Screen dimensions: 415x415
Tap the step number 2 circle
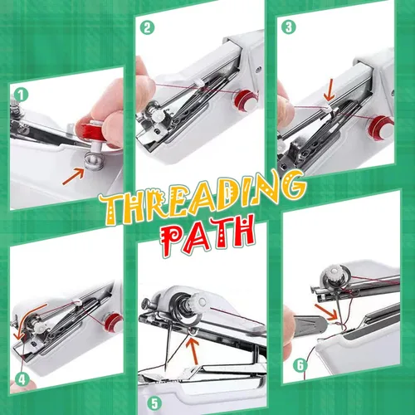147,27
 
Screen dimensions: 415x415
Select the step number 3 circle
289,27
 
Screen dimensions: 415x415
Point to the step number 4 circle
22,379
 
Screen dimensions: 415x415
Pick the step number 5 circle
154,403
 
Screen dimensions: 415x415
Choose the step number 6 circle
300,365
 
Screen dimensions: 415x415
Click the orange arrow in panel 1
73,177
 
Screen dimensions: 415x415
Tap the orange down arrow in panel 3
330,92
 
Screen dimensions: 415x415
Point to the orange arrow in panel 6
326,312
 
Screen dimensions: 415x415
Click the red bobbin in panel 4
114,322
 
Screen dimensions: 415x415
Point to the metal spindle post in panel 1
95,160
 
